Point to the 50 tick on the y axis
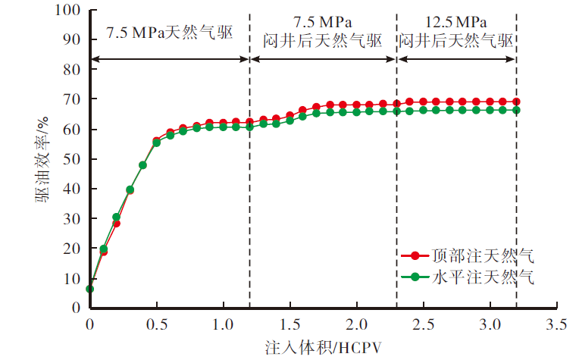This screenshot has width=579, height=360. click(71, 159)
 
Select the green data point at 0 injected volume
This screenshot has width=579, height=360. click(89, 289)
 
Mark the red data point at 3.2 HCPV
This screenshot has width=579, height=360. click(516, 102)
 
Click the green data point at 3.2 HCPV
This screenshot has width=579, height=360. click(516, 110)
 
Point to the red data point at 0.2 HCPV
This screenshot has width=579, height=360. click(116, 223)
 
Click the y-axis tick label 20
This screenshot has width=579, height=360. click(71, 249)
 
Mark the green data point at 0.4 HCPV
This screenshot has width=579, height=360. click(142, 165)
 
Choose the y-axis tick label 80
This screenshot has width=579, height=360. click(71, 70)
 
